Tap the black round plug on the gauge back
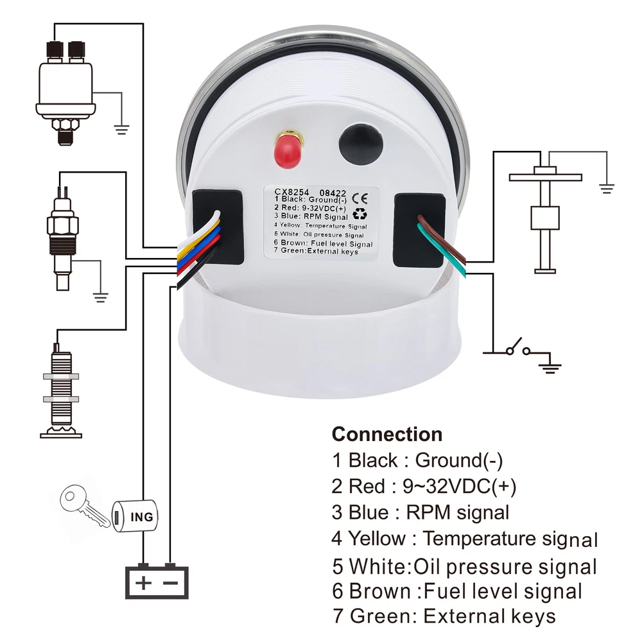pos(361,145)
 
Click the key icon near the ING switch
pos(84,505)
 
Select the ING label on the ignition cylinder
pos(142,517)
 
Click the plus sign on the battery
pos(143,583)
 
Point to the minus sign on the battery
pos(170,583)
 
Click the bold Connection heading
pos(387,434)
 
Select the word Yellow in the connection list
pos(376,539)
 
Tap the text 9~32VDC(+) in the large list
pos(460,487)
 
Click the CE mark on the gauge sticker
pos(360,198)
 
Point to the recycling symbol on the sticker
pos(360,214)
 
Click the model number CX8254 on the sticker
pos(291,191)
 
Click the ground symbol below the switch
pos(551,368)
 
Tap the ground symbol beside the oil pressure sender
pos(121,130)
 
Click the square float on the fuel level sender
pos(545,218)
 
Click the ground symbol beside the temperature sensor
pos(100,297)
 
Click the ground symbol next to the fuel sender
pos(607,189)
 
